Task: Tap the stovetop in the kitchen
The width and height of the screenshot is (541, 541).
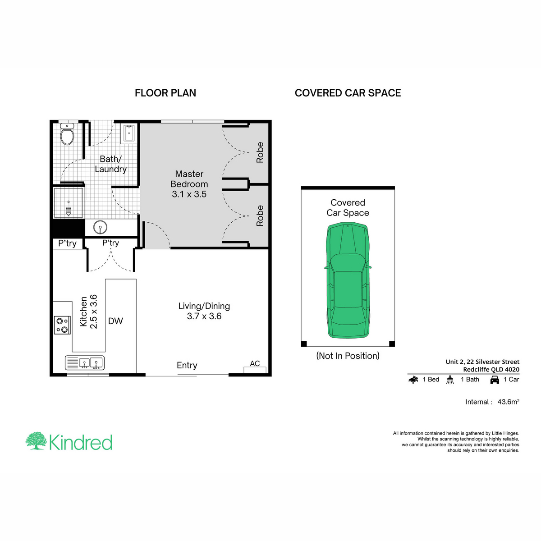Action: pyautogui.click(x=62, y=325)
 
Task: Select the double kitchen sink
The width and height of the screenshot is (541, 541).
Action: pyautogui.click(x=85, y=363)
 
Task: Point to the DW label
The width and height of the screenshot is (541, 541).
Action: pyautogui.click(x=115, y=321)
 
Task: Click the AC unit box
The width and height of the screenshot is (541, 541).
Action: pyautogui.click(x=255, y=370)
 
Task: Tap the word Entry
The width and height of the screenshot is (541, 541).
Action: pyautogui.click(x=187, y=365)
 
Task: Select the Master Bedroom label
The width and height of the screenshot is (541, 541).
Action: pyautogui.click(x=189, y=184)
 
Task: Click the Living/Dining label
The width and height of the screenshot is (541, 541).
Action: pyautogui.click(x=204, y=311)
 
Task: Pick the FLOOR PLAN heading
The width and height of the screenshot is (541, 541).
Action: pyautogui.click(x=165, y=93)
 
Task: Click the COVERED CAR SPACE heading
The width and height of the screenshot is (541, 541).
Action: pyautogui.click(x=348, y=93)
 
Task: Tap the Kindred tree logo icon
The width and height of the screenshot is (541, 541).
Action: pyautogui.click(x=36, y=441)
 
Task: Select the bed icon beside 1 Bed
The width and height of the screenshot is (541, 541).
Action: pyautogui.click(x=413, y=380)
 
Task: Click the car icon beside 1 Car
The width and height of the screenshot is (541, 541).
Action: pyautogui.click(x=495, y=380)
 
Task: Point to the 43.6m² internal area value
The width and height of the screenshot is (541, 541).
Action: pyautogui.click(x=508, y=402)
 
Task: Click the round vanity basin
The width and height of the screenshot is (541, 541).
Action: pyautogui.click(x=100, y=227)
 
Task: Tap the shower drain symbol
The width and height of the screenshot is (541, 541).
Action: pyautogui.click(x=69, y=211)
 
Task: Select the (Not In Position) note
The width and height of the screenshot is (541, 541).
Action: pyautogui.click(x=348, y=356)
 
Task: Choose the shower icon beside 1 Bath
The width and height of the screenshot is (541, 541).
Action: pyautogui.click(x=450, y=380)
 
